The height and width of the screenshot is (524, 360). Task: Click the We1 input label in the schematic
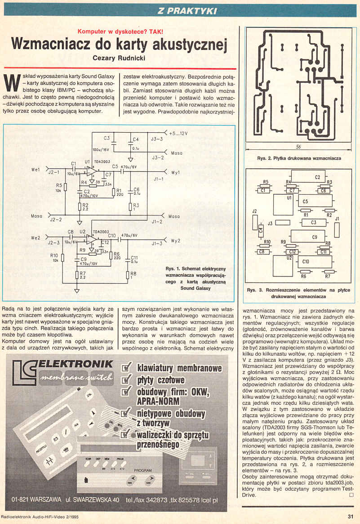point(36,170)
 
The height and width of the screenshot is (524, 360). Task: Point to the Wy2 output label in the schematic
point(176,241)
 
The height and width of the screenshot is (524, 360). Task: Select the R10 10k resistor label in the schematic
point(54,257)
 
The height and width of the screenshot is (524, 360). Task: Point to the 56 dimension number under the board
point(298,148)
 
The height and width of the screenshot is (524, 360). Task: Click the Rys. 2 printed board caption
point(299,158)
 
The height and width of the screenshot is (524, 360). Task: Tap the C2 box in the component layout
point(317,177)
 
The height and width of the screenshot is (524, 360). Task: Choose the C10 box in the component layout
point(306,261)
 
